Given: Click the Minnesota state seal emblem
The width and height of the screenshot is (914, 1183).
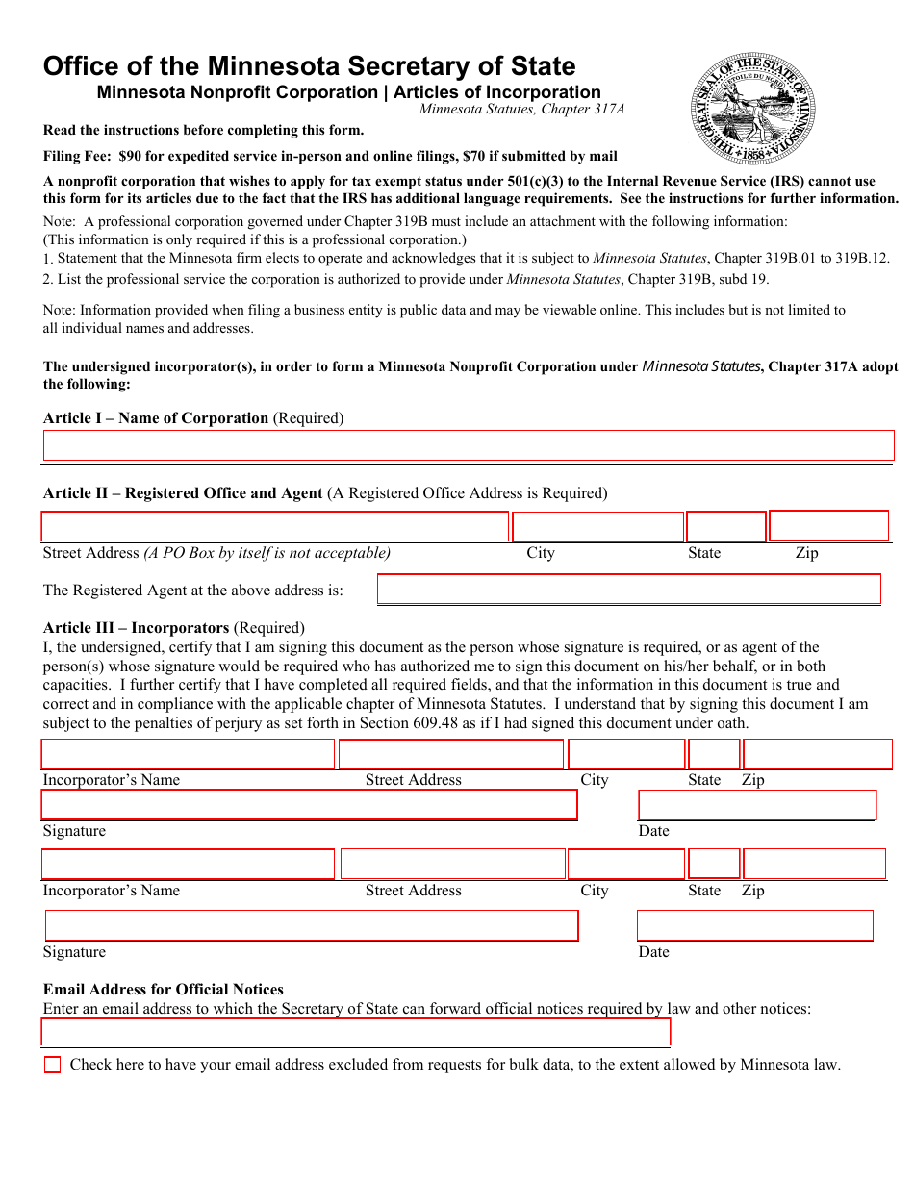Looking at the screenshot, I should tap(753, 108).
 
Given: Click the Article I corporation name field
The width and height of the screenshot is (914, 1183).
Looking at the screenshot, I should tap(469, 445).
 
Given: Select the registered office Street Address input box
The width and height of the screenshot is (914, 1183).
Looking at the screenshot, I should tap(275, 526).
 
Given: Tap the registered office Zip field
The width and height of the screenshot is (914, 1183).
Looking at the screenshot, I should tap(828, 526).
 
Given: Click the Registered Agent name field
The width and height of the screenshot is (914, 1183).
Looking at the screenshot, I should tap(628, 589).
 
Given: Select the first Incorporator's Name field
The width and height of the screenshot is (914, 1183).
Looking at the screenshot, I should tap(188, 753).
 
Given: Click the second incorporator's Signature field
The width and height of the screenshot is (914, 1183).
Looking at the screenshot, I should tap(312, 925).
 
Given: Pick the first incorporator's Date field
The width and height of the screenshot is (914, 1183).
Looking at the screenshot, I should tap(757, 805).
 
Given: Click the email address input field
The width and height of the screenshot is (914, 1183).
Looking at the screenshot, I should tap(356, 1032).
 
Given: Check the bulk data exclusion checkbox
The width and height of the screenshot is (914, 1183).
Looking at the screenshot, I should tap(52, 1065).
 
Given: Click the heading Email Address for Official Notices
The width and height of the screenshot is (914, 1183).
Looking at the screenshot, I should tap(164, 989).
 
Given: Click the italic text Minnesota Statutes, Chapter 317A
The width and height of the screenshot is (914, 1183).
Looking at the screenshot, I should tap(521, 110).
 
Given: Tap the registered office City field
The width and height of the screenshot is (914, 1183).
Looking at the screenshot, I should tap(597, 527).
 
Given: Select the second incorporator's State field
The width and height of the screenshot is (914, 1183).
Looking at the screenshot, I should tap(714, 864).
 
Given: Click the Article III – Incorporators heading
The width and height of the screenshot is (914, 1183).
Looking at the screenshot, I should tap(136, 628).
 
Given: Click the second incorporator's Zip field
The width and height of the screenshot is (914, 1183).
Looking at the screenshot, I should tap(814, 864).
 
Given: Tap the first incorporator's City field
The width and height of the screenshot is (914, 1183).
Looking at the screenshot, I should tap(626, 753).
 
